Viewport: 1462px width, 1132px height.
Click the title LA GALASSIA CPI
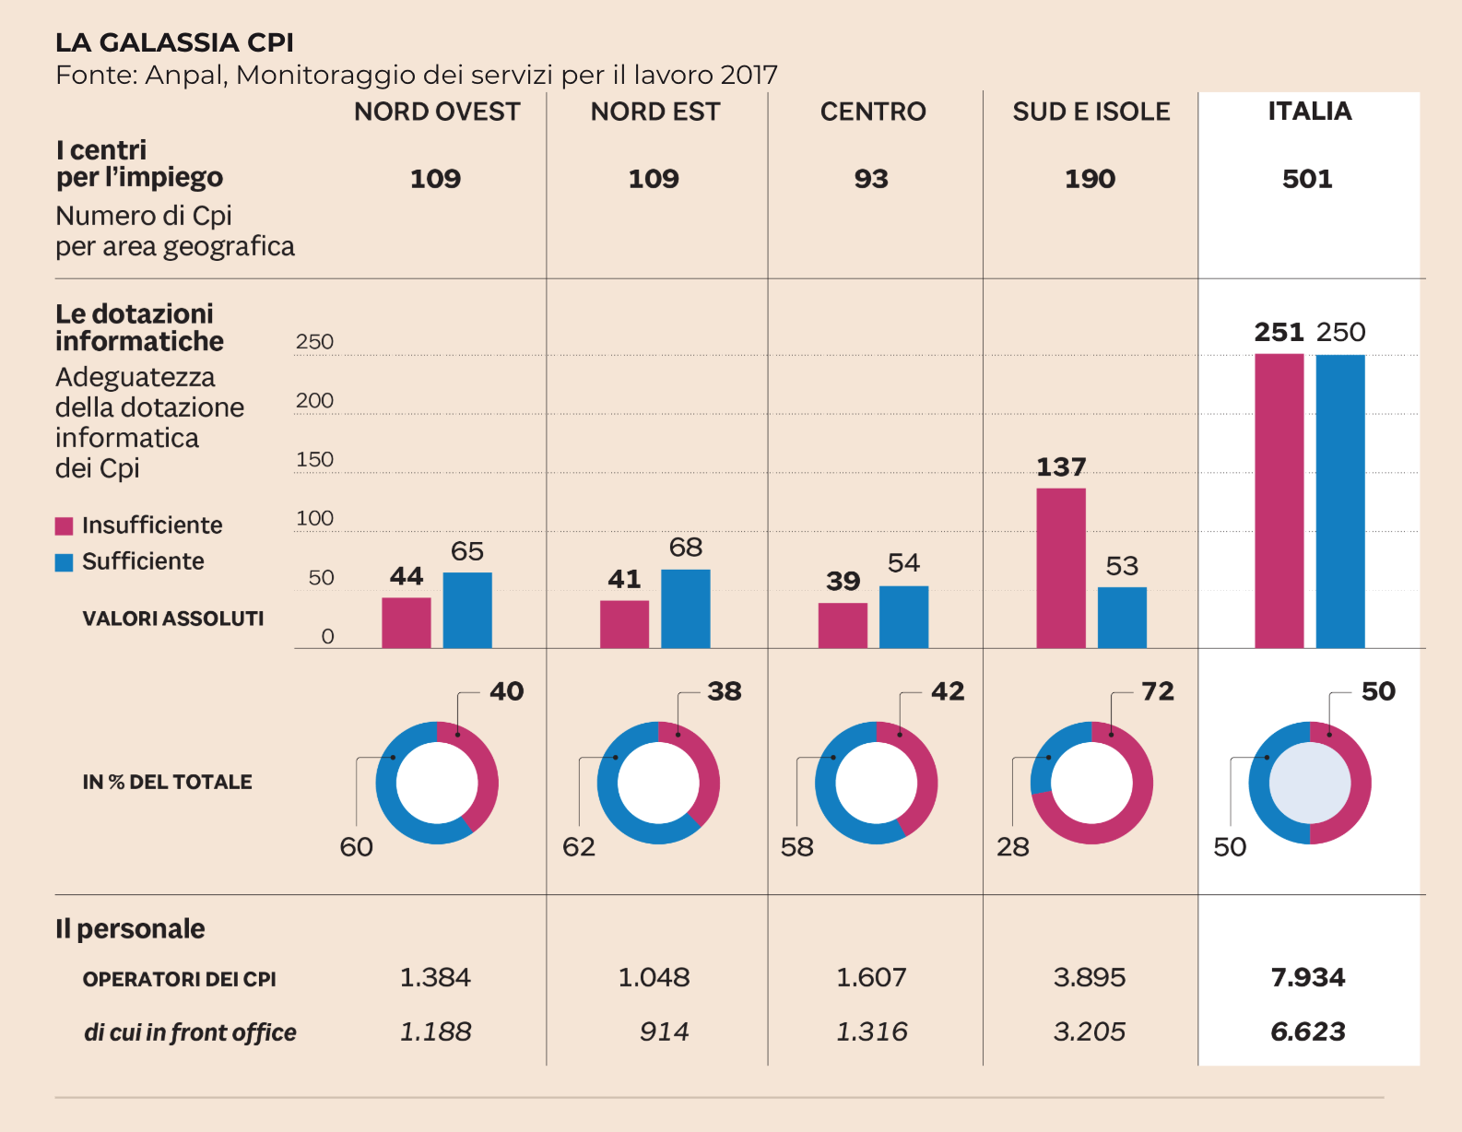174,42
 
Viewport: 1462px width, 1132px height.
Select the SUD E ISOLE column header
1091,112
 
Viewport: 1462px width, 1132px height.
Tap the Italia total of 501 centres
1307,179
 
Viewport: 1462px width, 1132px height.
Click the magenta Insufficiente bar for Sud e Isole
1060,568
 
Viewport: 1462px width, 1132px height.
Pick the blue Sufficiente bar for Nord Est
685,608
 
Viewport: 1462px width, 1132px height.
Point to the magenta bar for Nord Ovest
407,622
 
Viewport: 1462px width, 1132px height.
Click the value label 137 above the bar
1061,467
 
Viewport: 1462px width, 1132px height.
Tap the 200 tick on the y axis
314,401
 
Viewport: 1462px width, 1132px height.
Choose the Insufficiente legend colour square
64,526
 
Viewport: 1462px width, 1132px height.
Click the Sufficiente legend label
143,561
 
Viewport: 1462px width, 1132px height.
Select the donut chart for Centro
876,783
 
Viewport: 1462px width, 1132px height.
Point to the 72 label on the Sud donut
1158,691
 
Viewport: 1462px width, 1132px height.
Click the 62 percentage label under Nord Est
579,847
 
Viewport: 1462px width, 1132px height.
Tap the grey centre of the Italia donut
1309,783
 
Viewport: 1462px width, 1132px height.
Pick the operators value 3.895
1090,977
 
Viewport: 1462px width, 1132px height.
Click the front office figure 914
664,1032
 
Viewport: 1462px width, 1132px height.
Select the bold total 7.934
1307,977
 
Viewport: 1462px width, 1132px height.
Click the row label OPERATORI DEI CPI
180,979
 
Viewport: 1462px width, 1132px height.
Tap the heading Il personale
130,928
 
